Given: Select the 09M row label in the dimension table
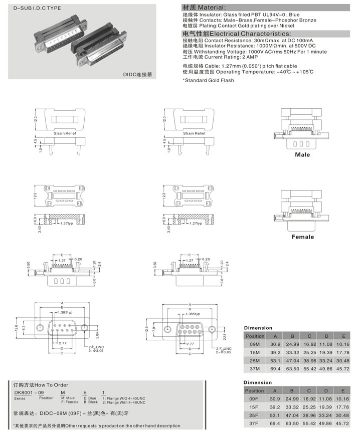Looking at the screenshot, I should point(254,344).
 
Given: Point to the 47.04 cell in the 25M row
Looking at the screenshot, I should point(292,360).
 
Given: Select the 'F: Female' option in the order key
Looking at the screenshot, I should point(69,402).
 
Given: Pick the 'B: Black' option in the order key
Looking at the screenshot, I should point(91,402).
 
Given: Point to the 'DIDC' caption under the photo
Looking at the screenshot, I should point(136,74).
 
